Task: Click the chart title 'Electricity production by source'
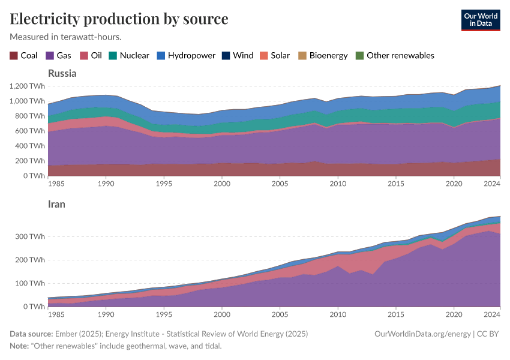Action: click(119, 19)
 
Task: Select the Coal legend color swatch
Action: click(14, 55)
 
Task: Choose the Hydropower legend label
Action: click(191, 55)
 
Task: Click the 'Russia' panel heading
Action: click(62, 74)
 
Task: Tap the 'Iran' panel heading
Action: click(56, 204)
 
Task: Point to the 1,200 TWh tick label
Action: click(26, 86)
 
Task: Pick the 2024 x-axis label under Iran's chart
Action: click(492, 314)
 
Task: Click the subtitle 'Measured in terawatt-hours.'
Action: click(66, 37)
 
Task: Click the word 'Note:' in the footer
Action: click(21, 346)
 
